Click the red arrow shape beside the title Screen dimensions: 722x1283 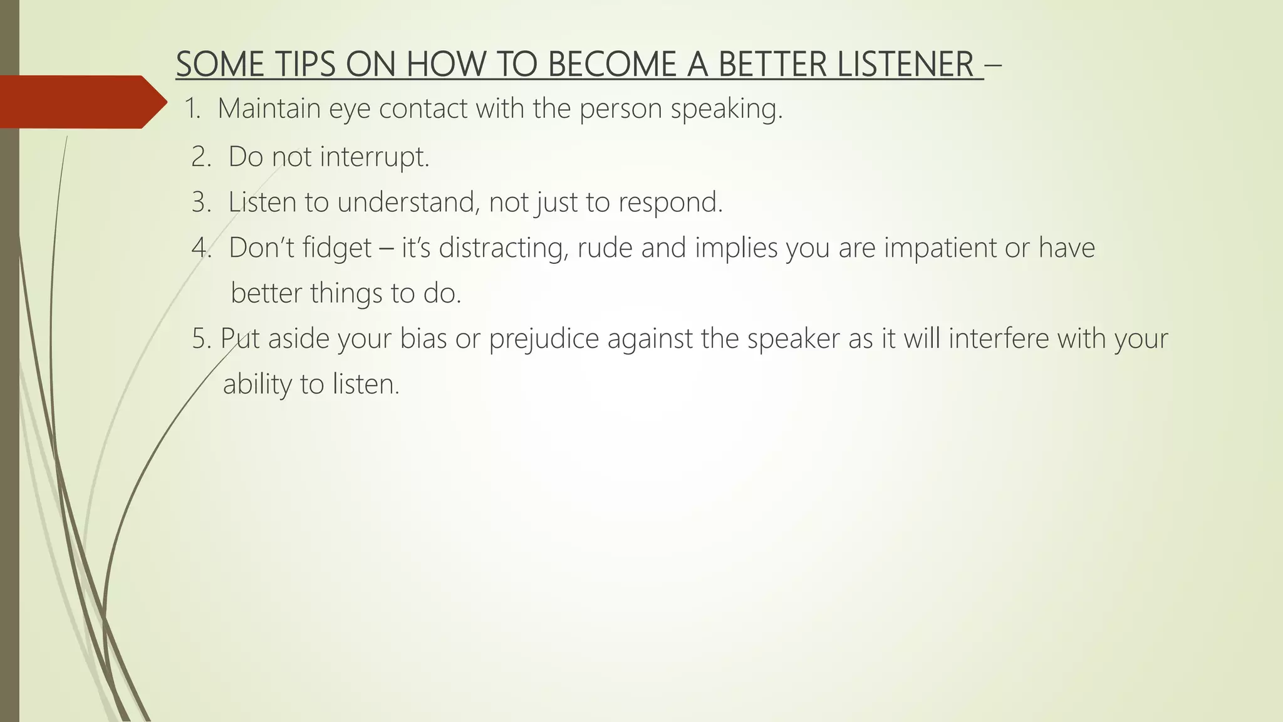81,102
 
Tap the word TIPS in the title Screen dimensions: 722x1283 304,65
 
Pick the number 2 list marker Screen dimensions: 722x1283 200,157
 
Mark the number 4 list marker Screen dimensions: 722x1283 201,248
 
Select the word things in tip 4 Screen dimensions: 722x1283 346,293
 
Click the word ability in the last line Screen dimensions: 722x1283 257,384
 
